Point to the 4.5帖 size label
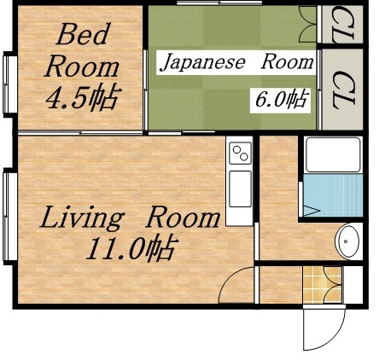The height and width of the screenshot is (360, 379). pyautogui.click(x=82, y=96)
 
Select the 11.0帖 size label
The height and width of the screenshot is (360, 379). pyautogui.click(x=130, y=248)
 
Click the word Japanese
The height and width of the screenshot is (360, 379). pyautogui.click(x=202, y=62)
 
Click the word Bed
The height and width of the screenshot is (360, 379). pyautogui.click(x=82, y=35)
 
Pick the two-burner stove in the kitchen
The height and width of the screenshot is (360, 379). pyautogui.click(x=241, y=154)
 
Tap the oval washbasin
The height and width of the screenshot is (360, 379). pyautogui.click(x=347, y=241)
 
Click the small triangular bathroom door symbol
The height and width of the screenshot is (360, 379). pyautogui.click(x=311, y=206)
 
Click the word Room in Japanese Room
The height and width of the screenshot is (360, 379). pyautogui.click(x=286, y=62)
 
